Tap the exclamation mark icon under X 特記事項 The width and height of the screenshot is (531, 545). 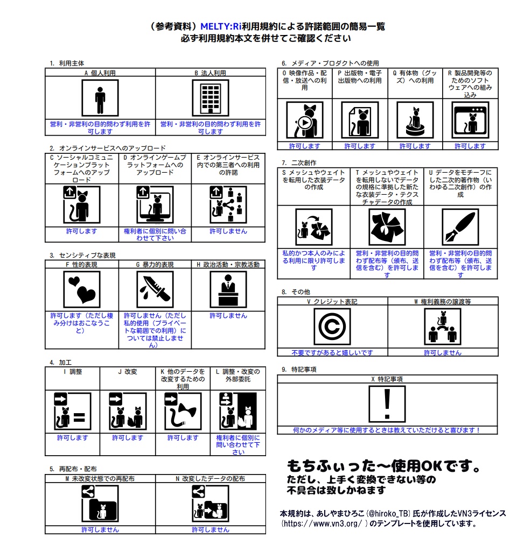(x=387, y=404)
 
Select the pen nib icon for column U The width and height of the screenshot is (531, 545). (x=460, y=227)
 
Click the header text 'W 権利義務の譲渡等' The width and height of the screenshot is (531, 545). (x=443, y=302)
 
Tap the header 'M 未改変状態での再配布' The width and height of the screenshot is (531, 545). (x=100, y=478)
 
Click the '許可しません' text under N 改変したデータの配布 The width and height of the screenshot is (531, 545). (x=211, y=530)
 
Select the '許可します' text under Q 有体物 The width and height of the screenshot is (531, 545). (x=415, y=146)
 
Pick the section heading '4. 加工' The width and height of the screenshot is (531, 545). (x=61, y=363)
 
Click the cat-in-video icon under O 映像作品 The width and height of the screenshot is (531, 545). (x=304, y=120)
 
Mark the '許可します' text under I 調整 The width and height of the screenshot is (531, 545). (x=72, y=438)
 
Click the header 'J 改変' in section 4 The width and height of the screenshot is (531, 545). (x=128, y=371)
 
